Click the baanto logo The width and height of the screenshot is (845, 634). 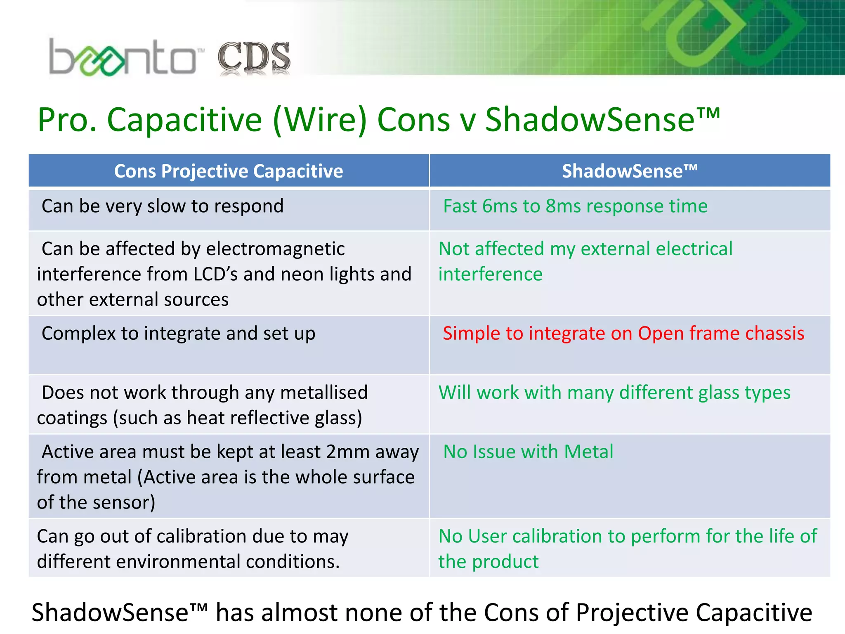tap(124, 58)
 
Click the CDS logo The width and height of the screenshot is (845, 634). tap(254, 58)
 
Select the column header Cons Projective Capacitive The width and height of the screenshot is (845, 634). tap(228, 171)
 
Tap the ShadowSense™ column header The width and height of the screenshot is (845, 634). tap(629, 171)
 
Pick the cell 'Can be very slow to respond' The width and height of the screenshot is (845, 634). tap(163, 206)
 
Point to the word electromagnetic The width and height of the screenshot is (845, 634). tap(275, 249)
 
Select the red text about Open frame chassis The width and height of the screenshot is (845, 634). tap(623, 334)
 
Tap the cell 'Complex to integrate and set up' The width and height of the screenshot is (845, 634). tap(178, 334)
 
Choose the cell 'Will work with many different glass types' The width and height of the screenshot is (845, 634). tap(614, 393)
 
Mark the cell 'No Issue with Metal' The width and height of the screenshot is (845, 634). tap(528, 452)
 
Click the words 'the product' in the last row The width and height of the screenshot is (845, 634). tap(488, 562)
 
